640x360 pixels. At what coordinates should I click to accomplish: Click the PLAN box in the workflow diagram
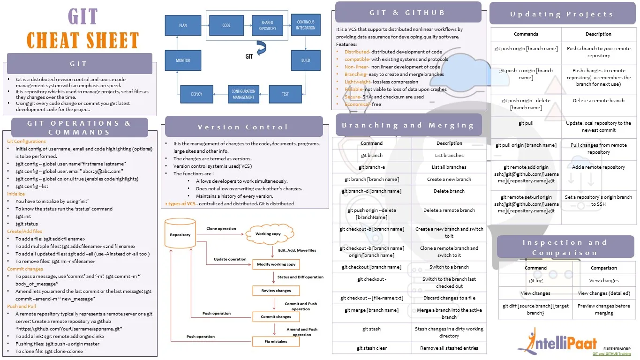[183, 25]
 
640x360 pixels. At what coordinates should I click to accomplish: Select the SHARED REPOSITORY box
[267, 25]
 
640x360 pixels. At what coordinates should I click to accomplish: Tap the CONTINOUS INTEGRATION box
[306, 25]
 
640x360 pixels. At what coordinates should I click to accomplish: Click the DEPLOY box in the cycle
[196, 94]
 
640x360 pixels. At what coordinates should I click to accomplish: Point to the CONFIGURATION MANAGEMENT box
[243, 94]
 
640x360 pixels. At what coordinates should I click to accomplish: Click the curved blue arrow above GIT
[261, 47]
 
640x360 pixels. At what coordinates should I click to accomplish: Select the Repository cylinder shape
[180, 234]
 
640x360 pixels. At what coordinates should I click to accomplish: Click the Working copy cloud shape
[268, 233]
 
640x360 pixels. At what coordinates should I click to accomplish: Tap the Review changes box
[276, 291]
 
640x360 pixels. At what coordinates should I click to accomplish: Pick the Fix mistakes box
[276, 341]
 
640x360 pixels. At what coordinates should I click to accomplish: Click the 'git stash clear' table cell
[371, 348]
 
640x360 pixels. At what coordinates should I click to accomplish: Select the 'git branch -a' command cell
[371, 167]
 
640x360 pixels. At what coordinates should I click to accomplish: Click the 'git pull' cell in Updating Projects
[526, 123]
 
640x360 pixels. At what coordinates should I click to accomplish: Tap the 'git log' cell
[535, 280]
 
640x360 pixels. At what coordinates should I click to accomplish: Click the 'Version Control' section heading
[243, 127]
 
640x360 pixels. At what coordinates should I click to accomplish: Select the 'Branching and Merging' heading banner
[407, 125]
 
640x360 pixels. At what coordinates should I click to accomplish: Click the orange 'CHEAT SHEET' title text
[83, 40]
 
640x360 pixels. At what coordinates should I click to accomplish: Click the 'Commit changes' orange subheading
[25, 269]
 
